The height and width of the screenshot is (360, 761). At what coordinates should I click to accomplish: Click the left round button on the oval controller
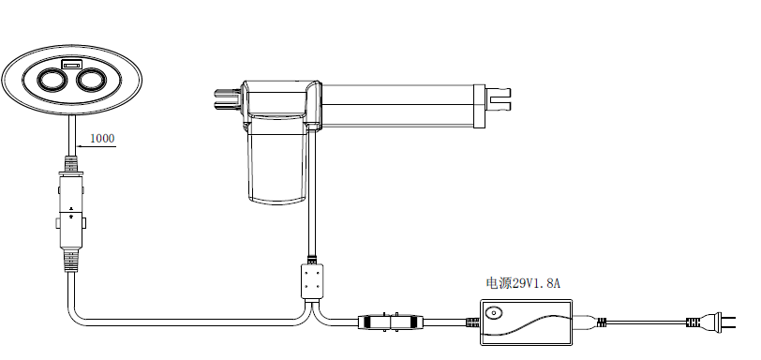(52, 80)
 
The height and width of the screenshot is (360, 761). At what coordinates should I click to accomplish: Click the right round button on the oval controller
(91, 80)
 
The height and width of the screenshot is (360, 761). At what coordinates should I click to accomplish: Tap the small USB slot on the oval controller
(72, 65)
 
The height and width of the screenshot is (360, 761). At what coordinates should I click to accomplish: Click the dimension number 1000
(102, 138)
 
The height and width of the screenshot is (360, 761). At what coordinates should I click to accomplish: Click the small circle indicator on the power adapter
(494, 313)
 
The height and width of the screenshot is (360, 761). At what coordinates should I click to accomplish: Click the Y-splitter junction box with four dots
(312, 281)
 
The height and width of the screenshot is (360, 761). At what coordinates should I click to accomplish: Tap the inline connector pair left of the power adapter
(391, 322)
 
